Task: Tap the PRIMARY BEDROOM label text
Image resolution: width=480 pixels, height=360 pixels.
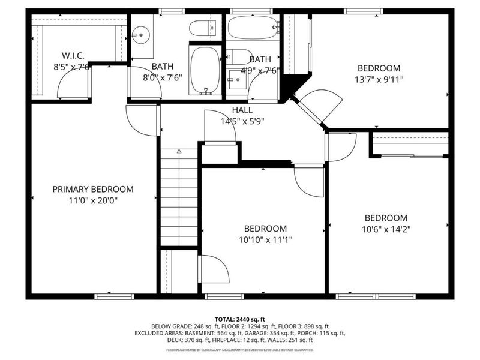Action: click(x=93, y=189)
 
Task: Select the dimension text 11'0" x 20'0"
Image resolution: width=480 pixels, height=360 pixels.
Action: click(x=93, y=200)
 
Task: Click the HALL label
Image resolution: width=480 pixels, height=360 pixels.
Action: click(x=242, y=110)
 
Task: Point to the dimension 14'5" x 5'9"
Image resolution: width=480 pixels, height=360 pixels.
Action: click(x=242, y=121)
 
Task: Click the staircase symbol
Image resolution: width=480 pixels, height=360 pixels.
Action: click(x=179, y=198)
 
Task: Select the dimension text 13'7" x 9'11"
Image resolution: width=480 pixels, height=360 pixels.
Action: click(x=379, y=79)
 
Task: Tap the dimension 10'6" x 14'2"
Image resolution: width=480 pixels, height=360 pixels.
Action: click(x=386, y=229)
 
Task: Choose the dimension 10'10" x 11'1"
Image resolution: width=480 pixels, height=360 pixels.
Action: click(x=265, y=239)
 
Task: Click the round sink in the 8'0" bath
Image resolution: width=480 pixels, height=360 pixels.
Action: click(x=141, y=35)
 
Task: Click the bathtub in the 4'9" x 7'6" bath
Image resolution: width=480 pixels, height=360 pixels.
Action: click(x=252, y=28)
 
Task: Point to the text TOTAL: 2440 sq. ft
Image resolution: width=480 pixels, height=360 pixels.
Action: click(x=240, y=319)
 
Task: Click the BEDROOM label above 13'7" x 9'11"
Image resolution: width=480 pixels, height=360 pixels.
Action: click(x=379, y=68)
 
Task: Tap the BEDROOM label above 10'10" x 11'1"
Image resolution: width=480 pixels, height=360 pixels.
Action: click(x=265, y=229)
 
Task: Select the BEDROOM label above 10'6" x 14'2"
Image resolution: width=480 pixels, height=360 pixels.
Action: click(x=386, y=218)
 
